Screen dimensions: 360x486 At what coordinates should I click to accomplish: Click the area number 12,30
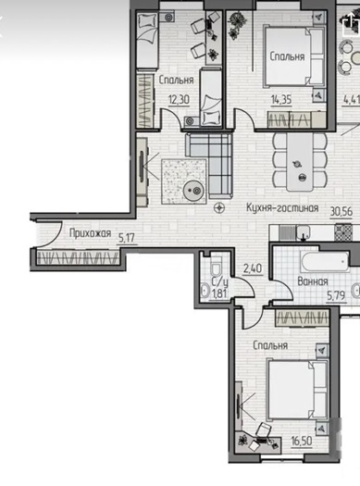click(x=179, y=100)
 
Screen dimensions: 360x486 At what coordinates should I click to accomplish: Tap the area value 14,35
click(x=281, y=100)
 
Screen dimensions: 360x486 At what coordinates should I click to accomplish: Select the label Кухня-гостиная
click(x=282, y=207)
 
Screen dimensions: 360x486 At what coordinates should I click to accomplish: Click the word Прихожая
click(x=90, y=233)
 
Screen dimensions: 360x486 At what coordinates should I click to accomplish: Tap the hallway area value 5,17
click(x=127, y=238)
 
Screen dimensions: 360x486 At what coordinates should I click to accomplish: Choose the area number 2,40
click(x=253, y=268)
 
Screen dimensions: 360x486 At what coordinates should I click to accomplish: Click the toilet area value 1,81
click(x=219, y=293)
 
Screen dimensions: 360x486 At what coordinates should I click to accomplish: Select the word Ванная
click(x=312, y=281)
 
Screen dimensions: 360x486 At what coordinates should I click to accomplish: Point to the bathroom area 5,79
click(x=336, y=295)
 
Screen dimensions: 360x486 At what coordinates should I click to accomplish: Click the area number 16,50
click(x=302, y=441)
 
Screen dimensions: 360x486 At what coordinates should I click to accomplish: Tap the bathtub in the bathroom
click(x=325, y=262)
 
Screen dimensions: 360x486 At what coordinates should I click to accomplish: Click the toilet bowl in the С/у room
click(x=215, y=268)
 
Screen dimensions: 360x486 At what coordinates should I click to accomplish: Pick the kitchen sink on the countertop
click(x=303, y=231)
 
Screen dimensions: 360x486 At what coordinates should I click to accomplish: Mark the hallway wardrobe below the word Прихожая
click(x=78, y=257)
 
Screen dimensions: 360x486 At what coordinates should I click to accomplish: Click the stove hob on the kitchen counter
click(x=343, y=232)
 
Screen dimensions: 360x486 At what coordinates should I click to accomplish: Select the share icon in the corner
click(x=351, y=22)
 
